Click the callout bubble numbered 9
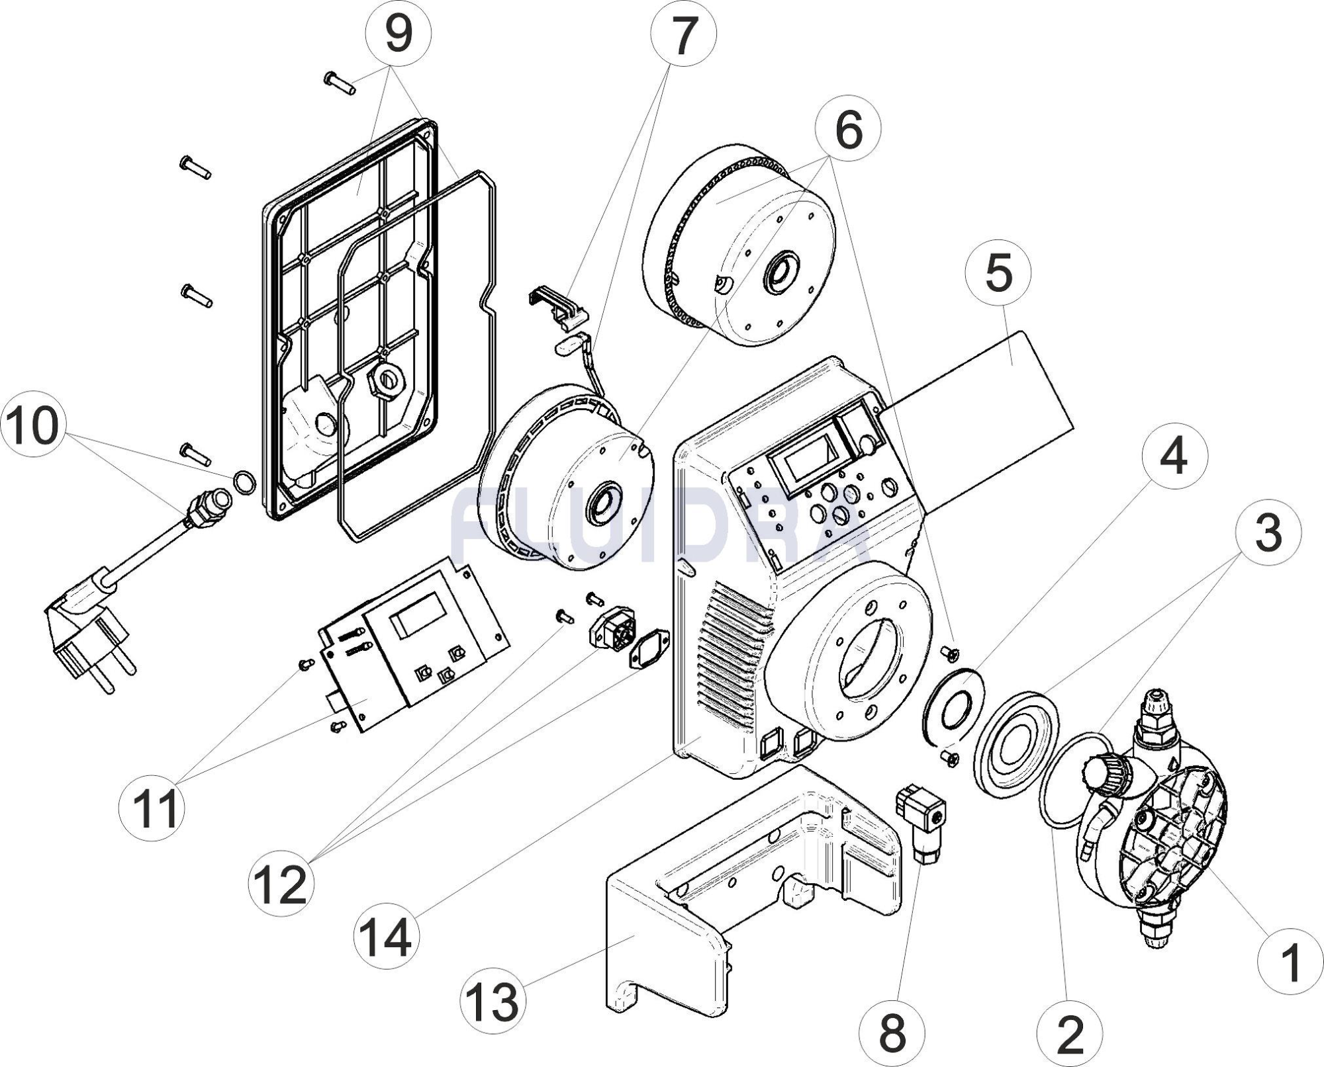pyautogui.click(x=398, y=34)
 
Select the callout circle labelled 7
pyautogui.click(x=683, y=35)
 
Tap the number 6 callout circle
pyautogui.click(x=849, y=130)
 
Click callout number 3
pyautogui.click(x=1268, y=533)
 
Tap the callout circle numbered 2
pyautogui.click(x=1070, y=1034)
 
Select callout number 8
pyautogui.click(x=892, y=1033)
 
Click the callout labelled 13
pyautogui.click(x=493, y=1000)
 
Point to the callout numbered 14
pyautogui.click(x=387, y=937)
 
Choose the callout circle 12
pyautogui.click(x=282, y=883)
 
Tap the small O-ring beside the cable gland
pyautogui.click(x=244, y=483)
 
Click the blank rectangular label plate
pyautogui.click(x=980, y=423)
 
